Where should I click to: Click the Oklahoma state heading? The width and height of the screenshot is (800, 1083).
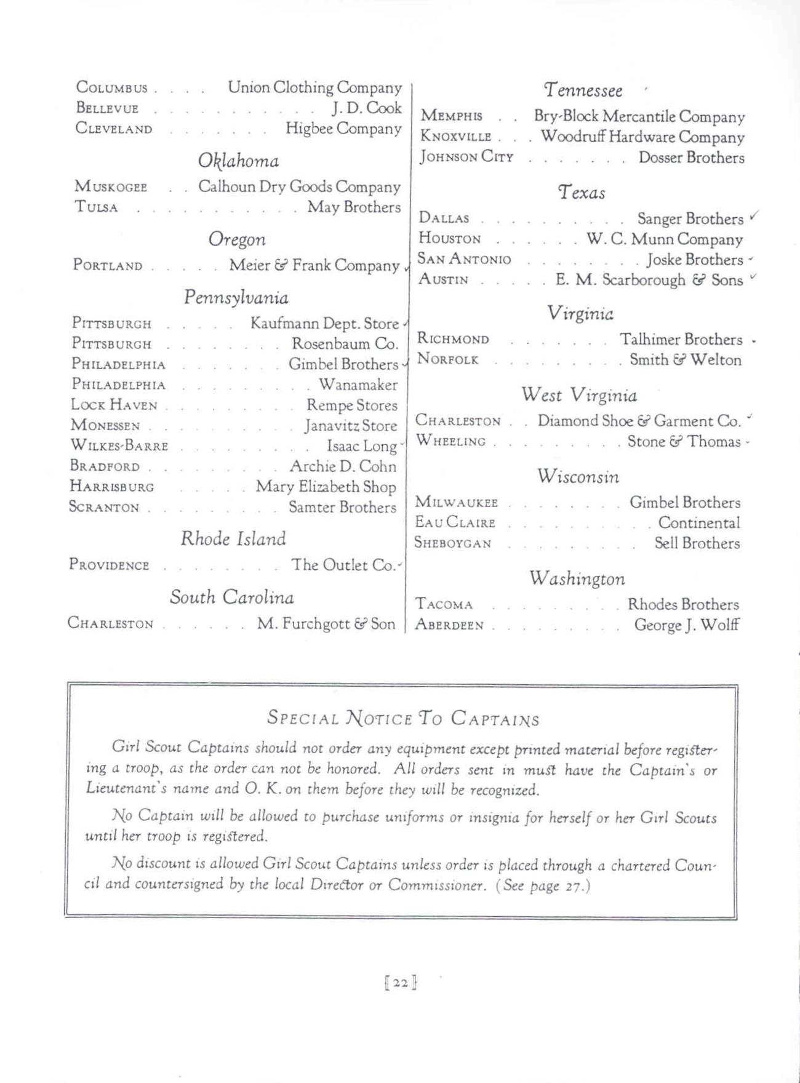tap(238, 161)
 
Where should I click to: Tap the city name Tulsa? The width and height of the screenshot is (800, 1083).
tap(96, 207)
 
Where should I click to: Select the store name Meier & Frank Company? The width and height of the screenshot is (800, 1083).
tap(314, 265)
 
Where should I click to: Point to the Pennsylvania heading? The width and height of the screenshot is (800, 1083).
tap(236, 298)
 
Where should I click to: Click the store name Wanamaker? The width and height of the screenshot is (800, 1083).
tap(358, 385)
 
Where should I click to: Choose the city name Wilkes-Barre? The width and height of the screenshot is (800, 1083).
tap(119, 446)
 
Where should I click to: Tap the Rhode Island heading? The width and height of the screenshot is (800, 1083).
tap(233, 539)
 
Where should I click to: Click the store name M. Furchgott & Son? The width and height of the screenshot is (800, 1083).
tap(326, 624)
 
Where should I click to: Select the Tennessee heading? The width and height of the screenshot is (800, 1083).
tap(583, 91)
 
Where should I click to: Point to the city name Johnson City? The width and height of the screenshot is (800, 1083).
tap(466, 158)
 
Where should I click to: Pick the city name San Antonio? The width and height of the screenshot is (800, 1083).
tap(465, 260)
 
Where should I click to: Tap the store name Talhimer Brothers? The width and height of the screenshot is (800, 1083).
tap(681, 340)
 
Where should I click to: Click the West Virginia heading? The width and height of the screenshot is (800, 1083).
tap(579, 395)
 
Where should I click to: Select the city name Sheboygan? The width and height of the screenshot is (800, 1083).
tap(453, 543)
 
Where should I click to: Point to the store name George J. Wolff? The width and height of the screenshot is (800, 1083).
tap(687, 625)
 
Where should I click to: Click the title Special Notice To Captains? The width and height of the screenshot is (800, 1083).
tap(403, 718)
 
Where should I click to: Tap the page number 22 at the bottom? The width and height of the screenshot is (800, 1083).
tap(401, 983)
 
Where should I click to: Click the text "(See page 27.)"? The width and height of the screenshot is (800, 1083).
tap(543, 885)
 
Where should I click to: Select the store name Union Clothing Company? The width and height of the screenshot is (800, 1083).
tap(314, 88)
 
